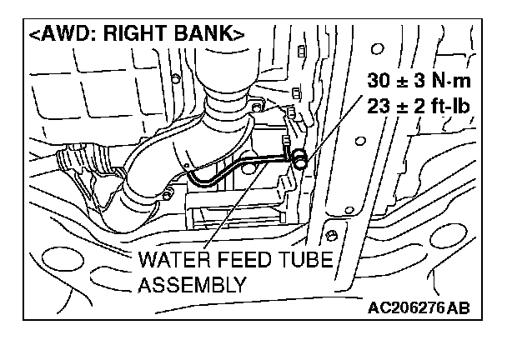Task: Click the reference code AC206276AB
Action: click(419, 308)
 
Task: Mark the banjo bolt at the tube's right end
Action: click(299, 156)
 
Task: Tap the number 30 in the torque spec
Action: click(379, 81)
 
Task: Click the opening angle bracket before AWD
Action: click(33, 35)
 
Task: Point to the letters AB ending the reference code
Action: click(458, 308)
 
